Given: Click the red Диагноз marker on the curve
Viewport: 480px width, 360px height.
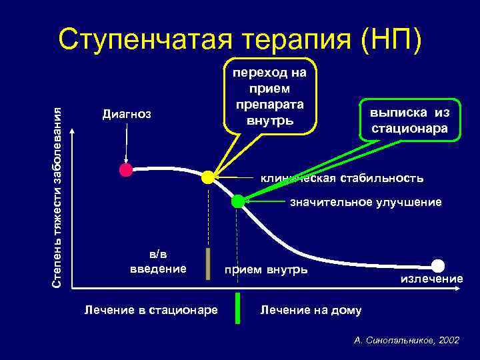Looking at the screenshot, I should pyautogui.click(x=126, y=169).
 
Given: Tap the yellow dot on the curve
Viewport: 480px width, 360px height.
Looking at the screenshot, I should pyautogui.click(x=208, y=177).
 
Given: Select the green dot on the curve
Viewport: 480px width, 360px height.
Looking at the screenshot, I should pyautogui.click(x=238, y=201).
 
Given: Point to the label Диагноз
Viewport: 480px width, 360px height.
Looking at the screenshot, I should pyautogui.click(x=127, y=114).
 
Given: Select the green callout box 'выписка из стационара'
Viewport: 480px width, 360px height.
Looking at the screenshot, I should pyautogui.click(x=409, y=120).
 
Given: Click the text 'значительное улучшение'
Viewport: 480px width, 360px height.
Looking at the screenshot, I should pyautogui.click(x=365, y=202).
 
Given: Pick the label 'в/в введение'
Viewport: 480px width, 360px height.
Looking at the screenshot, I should pyautogui.click(x=157, y=261).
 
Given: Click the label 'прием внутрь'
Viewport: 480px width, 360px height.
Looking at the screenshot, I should pyautogui.click(x=266, y=269).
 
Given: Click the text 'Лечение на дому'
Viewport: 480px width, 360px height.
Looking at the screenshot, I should pyautogui.click(x=311, y=309).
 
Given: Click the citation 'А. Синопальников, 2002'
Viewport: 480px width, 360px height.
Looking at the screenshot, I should pyautogui.click(x=407, y=340).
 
